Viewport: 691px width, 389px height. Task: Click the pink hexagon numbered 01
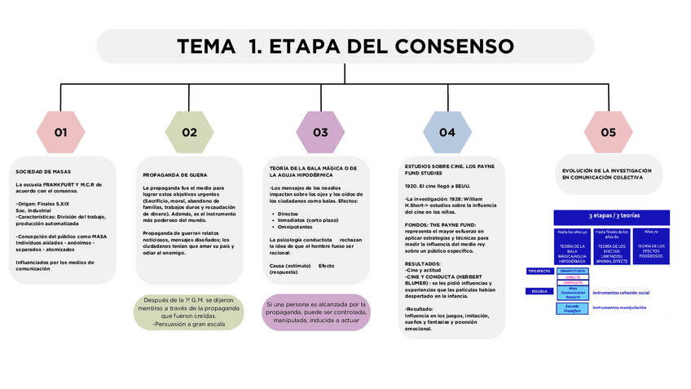(x=61, y=132)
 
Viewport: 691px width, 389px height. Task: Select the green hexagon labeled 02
(x=190, y=132)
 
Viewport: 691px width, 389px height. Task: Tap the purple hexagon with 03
(x=320, y=132)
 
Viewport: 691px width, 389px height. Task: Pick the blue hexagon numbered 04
(x=447, y=132)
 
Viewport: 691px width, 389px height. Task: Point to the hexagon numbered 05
(x=608, y=132)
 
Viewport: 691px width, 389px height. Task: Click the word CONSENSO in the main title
(x=438, y=46)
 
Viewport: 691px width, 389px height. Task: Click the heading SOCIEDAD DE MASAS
(x=43, y=172)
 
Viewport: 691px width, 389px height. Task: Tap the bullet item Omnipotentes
(x=296, y=228)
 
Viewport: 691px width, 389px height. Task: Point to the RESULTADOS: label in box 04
(x=423, y=264)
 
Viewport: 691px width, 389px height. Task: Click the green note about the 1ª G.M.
(x=188, y=312)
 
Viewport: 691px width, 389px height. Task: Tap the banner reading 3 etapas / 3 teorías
(x=611, y=216)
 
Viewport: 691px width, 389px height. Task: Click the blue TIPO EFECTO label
(x=539, y=271)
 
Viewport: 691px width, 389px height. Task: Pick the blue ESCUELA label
(x=538, y=290)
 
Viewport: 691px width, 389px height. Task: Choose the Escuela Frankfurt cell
(x=573, y=309)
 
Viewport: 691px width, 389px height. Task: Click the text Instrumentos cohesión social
(x=621, y=292)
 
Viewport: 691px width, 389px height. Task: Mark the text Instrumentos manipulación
(x=619, y=308)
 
